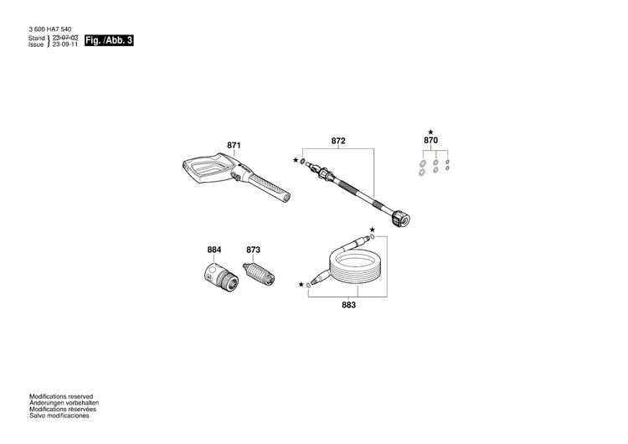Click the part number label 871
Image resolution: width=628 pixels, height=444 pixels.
234,146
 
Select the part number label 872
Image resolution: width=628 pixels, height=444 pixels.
338,142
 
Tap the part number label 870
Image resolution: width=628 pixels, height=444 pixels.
430,142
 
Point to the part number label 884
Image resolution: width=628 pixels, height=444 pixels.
214,250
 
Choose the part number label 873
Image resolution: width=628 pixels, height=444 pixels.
254,250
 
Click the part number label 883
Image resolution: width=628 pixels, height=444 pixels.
349,306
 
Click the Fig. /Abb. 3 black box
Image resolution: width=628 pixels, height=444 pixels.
110,41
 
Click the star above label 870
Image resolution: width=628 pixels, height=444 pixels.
430,132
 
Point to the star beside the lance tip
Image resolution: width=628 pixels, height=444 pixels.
296,159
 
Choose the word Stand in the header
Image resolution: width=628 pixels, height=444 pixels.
37,39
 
